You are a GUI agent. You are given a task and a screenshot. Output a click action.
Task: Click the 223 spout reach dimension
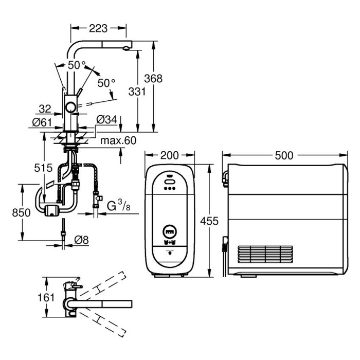98,28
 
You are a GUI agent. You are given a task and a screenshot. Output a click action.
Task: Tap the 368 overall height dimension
153,79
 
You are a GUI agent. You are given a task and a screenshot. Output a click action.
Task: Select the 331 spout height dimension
137,92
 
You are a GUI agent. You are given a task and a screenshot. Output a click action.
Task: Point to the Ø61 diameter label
42,122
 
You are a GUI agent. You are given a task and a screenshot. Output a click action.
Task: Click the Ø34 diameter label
107,120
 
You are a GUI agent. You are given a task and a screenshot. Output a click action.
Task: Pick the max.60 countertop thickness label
118,140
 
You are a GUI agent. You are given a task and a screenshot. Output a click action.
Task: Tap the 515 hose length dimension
43,168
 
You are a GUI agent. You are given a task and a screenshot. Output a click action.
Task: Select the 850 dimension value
21,212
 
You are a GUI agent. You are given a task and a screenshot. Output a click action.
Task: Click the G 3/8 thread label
119,206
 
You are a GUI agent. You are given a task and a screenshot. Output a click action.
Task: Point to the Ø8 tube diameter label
81,240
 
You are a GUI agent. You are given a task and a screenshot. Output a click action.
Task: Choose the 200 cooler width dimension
169,155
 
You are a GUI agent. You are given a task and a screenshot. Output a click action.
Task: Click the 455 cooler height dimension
209,221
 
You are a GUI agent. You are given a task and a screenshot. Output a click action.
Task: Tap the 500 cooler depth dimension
284,156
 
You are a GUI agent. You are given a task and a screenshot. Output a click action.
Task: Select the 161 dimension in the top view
46,298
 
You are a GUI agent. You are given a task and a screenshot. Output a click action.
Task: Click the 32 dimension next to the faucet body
45,109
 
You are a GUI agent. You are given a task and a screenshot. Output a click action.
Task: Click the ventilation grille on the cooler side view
265,254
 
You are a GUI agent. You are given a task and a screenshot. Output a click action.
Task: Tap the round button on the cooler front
169,231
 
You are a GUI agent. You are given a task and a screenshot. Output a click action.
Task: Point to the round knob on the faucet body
70,107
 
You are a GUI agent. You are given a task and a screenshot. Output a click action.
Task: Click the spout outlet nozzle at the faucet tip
126,48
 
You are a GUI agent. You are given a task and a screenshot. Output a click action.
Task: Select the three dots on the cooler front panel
169,188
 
